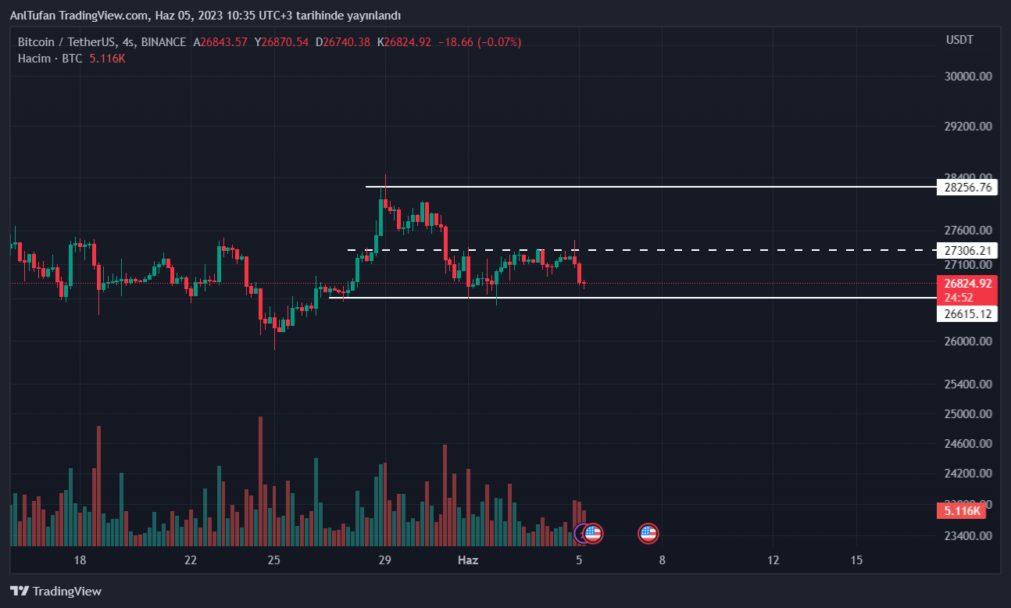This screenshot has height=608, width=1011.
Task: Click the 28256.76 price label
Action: [967, 188]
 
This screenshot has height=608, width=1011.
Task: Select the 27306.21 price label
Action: [967, 251]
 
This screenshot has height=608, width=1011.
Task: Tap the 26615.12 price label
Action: [967, 314]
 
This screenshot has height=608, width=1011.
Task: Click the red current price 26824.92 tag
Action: [967, 284]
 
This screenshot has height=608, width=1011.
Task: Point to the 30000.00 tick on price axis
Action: [967, 77]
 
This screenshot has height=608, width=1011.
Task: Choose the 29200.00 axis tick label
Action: [967, 126]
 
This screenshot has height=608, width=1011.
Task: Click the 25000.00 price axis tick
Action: [967, 414]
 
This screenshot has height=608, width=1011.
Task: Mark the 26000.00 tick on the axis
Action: [967, 342]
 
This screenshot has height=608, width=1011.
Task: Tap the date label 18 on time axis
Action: [79, 560]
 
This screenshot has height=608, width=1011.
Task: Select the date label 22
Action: [191, 560]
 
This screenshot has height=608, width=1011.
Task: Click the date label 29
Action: [384, 560]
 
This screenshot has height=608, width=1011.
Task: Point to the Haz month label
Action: [467, 560]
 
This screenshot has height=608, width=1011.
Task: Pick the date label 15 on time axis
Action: [856, 560]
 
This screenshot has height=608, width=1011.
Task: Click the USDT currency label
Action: [959, 40]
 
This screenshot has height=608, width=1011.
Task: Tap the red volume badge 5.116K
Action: [961, 511]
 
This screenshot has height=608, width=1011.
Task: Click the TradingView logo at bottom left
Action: [55, 591]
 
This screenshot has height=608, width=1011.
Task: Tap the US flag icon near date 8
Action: [648, 534]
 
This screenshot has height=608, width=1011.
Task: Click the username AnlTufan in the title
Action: [32, 16]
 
